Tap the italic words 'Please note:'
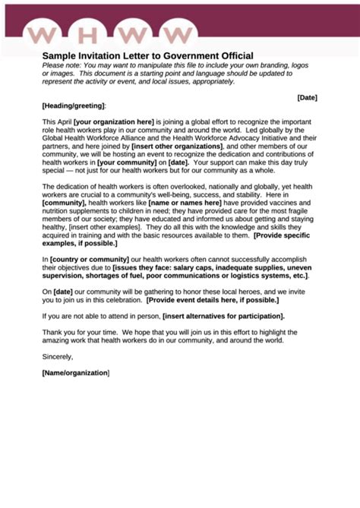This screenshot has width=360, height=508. click(62, 65)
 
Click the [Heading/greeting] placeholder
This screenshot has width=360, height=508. click(74, 106)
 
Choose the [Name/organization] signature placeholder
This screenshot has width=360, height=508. click(76, 373)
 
